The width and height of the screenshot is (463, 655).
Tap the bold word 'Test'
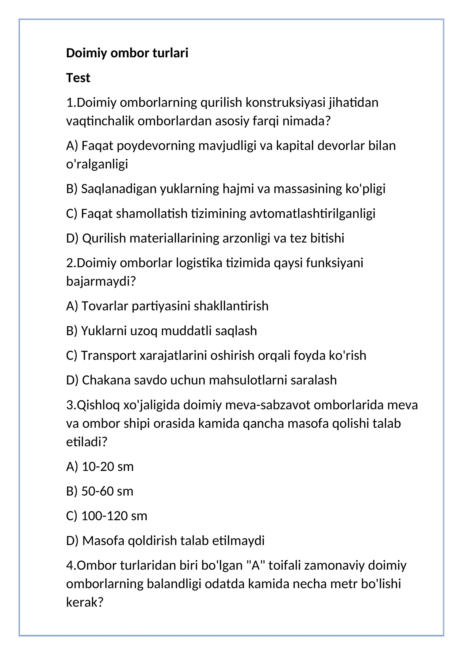(x=78, y=78)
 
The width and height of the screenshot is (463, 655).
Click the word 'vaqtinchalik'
(x=100, y=121)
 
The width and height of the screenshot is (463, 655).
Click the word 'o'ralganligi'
(x=97, y=164)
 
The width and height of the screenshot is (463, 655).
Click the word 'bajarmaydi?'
(x=101, y=281)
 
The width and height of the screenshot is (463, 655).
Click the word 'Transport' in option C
(x=109, y=355)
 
